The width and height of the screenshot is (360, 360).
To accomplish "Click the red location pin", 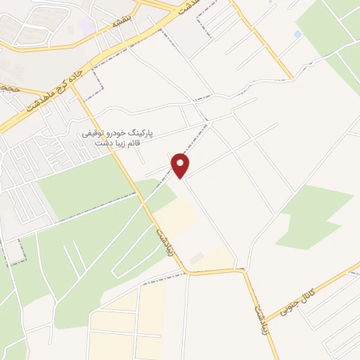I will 181,165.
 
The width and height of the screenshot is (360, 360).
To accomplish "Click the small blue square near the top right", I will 298,34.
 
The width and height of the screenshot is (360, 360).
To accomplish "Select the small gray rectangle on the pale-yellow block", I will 197,259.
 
